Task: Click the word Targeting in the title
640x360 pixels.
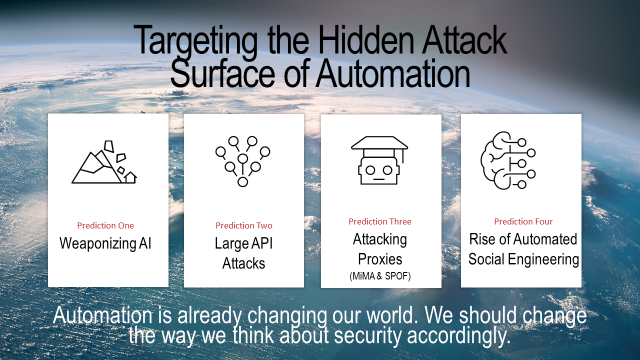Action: (x=196, y=41)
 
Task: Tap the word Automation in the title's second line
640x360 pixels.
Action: (x=393, y=73)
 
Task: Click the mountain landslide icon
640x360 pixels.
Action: (x=104, y=162)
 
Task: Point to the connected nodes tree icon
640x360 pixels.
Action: (x=242, y=161)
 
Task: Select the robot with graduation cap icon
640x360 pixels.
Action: (x=380, y=160)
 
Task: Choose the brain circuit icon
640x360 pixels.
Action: (x=508, y=160)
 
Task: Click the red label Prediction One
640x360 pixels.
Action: (x=105, y=225)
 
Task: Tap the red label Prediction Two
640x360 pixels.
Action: (x=244, y=225)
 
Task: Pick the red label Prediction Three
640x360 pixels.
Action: (x=380, y=221)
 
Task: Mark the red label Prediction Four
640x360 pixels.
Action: (x=523, y=221)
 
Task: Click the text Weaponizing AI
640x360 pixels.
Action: (x=105, y=244)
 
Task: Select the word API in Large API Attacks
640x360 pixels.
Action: (x=260, y=243)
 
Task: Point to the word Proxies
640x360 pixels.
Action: (x=380, y=259)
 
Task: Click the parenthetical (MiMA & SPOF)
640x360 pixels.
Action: (x=380, y=276)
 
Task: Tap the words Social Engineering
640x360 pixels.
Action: (x=524, y=260)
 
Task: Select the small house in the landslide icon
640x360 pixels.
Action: (x=131, y=178)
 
